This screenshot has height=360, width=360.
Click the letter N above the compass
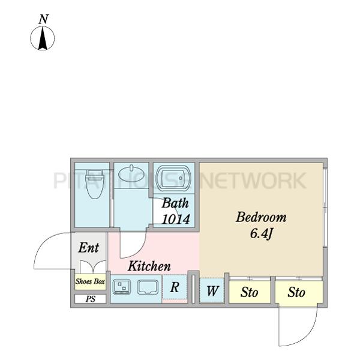43,20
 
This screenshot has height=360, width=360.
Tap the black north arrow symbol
43,38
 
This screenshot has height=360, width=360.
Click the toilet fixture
94,184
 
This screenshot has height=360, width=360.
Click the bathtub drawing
173,178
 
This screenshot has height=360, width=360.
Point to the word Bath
175,203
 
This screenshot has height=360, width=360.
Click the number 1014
176,219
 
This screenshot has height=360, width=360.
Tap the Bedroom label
261,217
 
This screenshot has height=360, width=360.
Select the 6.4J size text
261,234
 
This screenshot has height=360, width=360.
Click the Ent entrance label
89,248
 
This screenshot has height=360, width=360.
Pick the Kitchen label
149,266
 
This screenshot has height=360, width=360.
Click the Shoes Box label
90,281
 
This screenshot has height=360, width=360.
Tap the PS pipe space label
91,299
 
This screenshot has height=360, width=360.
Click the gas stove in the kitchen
122,287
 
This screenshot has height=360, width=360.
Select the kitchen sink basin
148,287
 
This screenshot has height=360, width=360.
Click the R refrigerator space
175,287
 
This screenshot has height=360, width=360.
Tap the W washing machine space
212,290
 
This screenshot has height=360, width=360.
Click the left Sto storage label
250,292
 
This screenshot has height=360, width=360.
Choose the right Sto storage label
296,292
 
